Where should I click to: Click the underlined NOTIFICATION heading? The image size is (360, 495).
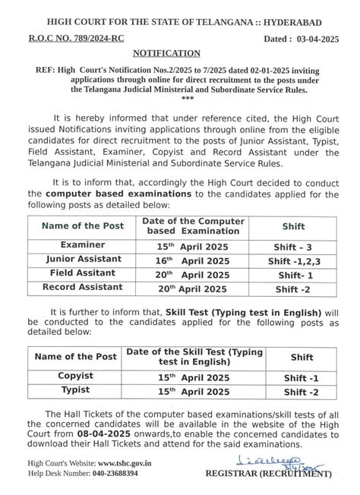[166, 53]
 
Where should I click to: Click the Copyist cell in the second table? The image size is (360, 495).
[76, 376]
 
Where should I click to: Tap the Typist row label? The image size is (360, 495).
[76, 390]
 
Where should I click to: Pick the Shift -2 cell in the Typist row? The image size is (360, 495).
[301, 391]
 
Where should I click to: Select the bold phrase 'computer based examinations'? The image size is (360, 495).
[117, 194]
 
